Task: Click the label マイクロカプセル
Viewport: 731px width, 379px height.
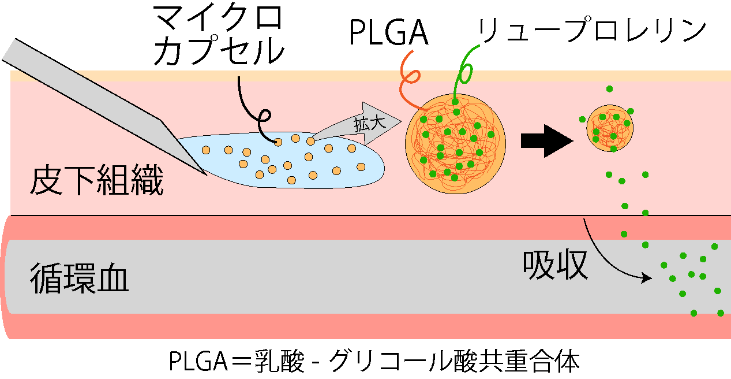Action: pos(218,35)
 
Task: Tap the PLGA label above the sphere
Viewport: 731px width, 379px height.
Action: pos(388,32)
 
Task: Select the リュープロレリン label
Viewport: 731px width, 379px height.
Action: pos(592,30)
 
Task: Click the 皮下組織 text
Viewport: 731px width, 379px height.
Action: pos(96,180)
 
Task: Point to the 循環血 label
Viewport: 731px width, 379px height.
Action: pos(79,278)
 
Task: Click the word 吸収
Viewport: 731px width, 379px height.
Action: pos(555,265)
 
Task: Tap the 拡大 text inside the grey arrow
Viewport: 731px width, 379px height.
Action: pos(370,124)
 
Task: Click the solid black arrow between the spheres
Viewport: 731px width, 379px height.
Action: pos(547,141)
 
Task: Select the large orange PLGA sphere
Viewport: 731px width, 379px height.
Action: pos(456,144)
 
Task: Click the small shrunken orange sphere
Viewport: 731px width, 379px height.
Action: pos(610,128)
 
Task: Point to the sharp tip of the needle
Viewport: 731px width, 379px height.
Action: pos(207,176)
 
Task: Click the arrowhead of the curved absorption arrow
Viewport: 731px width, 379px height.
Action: pos(647,278)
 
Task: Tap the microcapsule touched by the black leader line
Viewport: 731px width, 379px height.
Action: pos(278,142)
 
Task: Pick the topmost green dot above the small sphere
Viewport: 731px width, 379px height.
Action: pos(609,89)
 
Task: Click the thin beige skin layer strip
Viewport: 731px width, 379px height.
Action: pos(371,76)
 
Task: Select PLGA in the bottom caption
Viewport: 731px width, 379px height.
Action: pos(198,362)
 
